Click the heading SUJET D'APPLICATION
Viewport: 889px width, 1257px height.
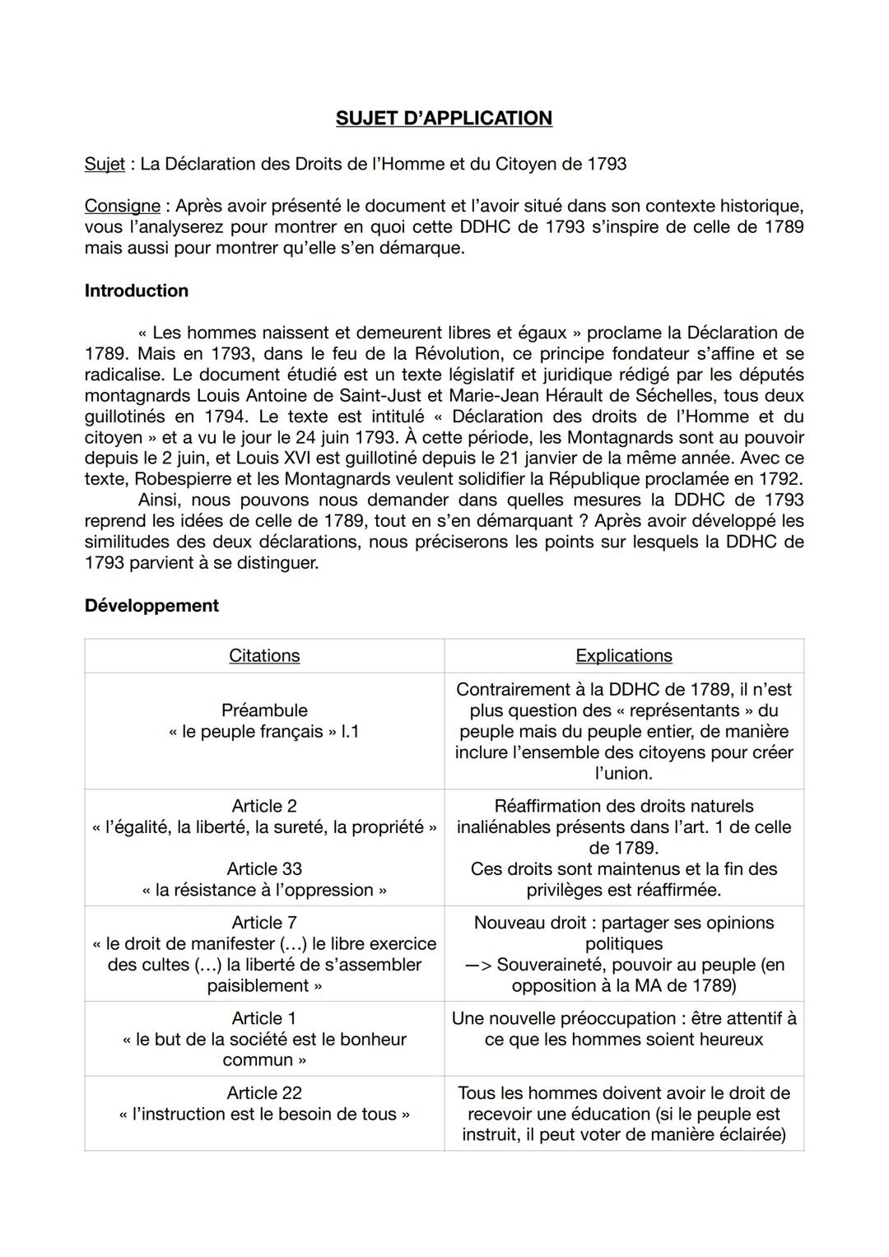tap(444, 119)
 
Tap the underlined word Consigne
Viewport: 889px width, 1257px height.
tap(122, 206)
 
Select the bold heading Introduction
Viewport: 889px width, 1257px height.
tap(136, 291)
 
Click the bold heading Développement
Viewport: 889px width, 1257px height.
tap(151, 606)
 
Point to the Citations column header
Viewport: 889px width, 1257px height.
tap(264, 656)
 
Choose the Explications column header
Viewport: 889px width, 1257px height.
tap(623, 656)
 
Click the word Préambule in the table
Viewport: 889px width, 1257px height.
tap(264, 710)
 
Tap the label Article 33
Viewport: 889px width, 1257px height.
tap(264, 869)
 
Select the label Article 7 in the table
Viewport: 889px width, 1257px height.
tap(264, 923)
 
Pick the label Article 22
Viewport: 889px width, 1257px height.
tap(264, 1093)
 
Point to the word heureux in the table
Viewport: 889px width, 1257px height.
tap(717, 1040)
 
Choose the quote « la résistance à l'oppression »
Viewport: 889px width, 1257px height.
tap(264, 891)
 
